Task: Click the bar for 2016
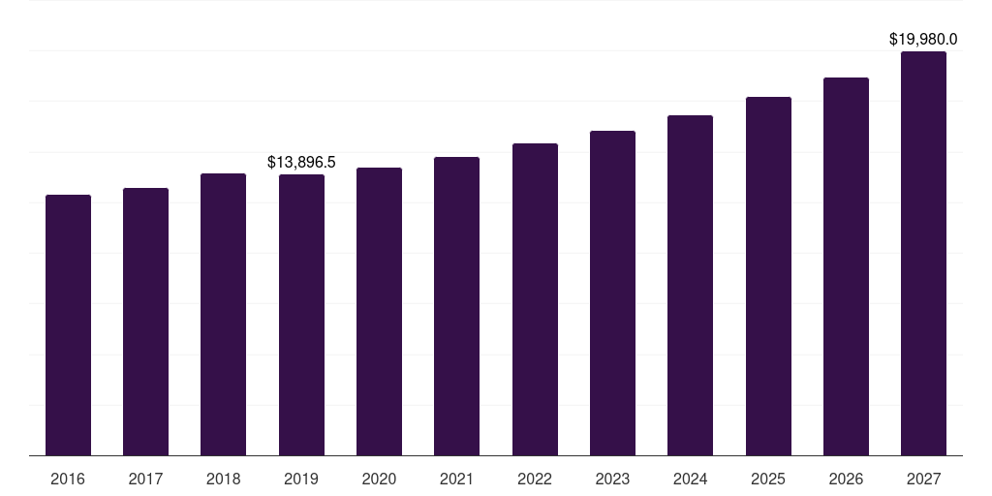pos(68,325)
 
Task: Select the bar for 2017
pos(145,322)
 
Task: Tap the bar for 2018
pos(223,315)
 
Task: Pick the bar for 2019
pos(301,315)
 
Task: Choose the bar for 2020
pos(379,312)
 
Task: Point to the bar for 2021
pos(456,306)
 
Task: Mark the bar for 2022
pos(535,299)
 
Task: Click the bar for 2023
pos(612,294)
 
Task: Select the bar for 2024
pos(690,286)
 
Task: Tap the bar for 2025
pos(768,276)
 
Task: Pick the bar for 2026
pos(846,266)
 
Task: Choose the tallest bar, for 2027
pos(923,254)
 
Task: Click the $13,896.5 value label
pos(301,162)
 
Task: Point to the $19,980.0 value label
pos(923,40)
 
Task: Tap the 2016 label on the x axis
pos(68,479)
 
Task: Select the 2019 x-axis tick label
pos(301,479)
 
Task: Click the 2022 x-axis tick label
pos(535,479)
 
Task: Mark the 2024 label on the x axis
pos(690,479)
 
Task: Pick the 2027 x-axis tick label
pos(923,479)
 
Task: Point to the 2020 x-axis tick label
pos(379,479)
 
